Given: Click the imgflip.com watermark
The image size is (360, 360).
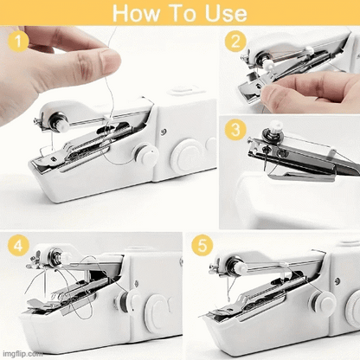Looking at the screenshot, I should (x=21, y=354).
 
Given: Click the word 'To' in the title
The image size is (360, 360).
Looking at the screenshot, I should (x=181, y=13).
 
